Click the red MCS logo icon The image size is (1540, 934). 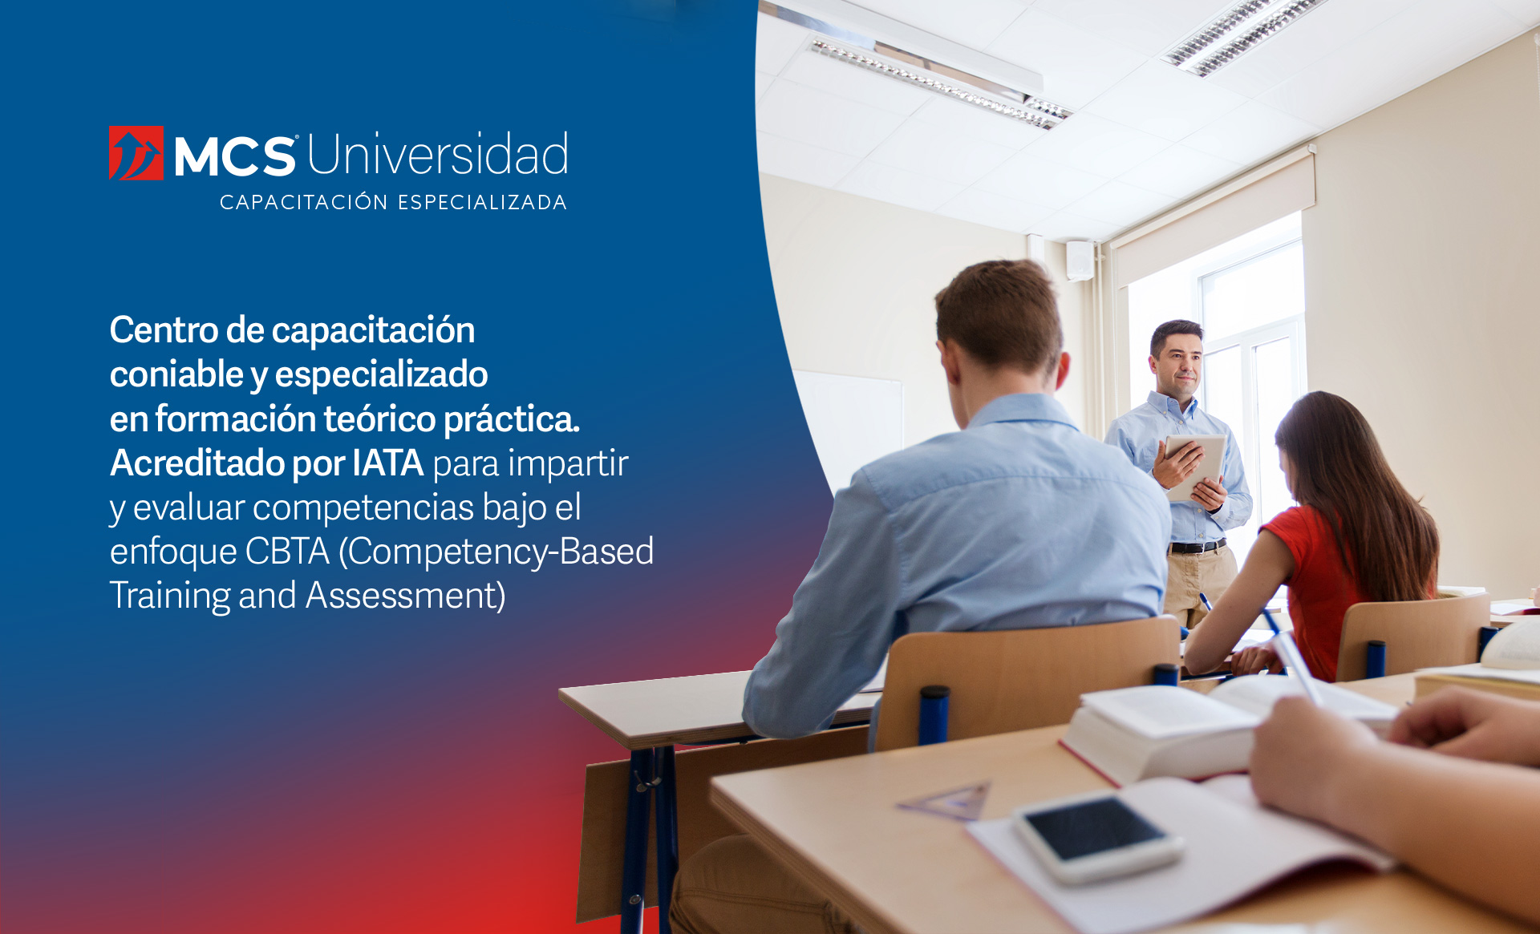click(136, 153)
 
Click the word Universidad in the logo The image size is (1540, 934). click(438, 154)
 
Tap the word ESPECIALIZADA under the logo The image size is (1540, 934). click(483, 202)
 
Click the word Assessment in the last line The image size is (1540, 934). click(406, 596)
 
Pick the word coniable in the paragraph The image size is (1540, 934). click(176, 374)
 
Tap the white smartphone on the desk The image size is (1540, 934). click(1097, 837)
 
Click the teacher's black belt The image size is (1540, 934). click(1197, 547)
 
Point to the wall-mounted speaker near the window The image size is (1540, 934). click(1080, 261)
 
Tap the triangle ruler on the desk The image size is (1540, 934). click(947, 801)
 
